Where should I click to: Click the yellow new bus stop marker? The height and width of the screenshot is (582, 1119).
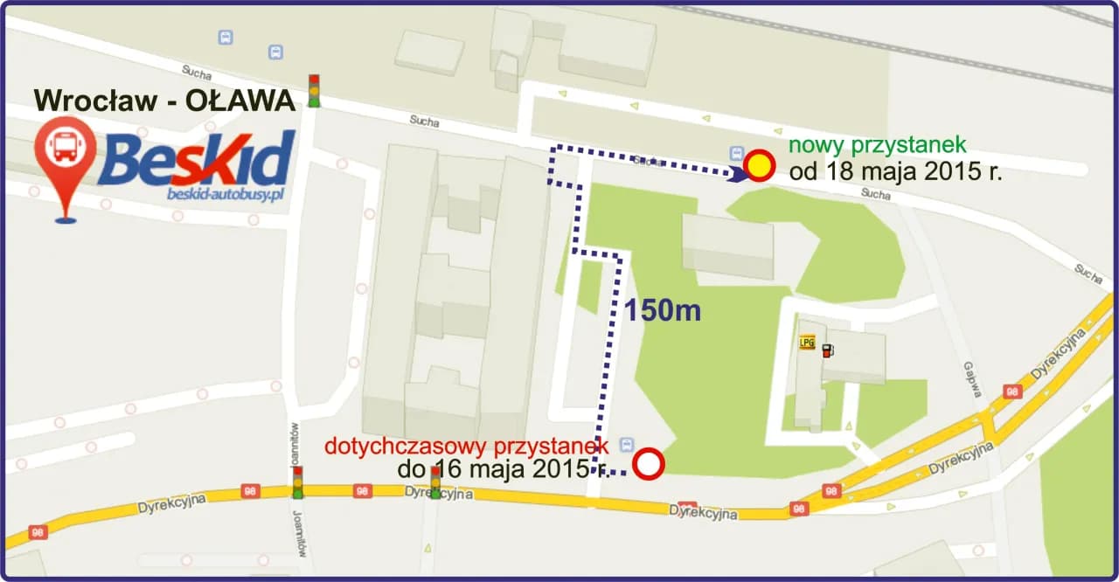pyautogui.click(x=760, y=165)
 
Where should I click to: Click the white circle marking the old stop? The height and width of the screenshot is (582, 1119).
pyautogui.click(x=649, y=465)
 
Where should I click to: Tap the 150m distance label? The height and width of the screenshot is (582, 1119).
pyautogui.click(x=662, y=310)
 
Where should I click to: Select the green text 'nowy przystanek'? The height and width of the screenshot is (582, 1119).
pyautogui.click(x=878, y=145)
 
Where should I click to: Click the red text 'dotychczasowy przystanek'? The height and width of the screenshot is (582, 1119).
pyautogui.click(x=466, y=446)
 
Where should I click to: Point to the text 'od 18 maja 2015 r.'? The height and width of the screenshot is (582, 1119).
pyautogui.click(x=895, y=171)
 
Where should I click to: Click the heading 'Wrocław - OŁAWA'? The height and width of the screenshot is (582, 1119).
pyautogui.click(x=164, y=100)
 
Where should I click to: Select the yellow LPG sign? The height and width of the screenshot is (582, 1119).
pyautogui.click(x=807, y=343)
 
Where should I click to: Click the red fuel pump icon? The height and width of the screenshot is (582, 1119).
pyautogui.click(x=827, y=350)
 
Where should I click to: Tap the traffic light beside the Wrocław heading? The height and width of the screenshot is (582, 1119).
pyautogui.click(x=314, y=91)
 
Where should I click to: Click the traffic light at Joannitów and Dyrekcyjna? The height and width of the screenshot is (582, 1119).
pyautogui.click(x=298, y=482)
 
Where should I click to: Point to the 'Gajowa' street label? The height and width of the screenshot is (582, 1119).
pyautogui.click(x=973, y=379)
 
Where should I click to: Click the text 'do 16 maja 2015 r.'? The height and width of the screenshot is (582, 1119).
pyautogui.click(x=503, y=469)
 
